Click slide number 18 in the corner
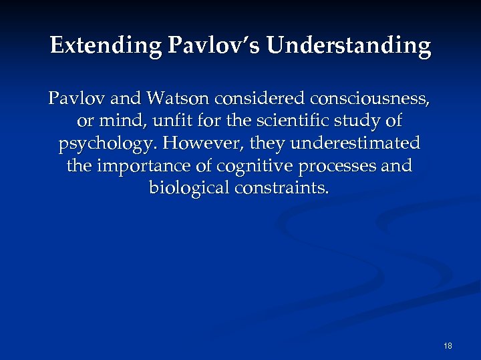(x=448, y=346)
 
